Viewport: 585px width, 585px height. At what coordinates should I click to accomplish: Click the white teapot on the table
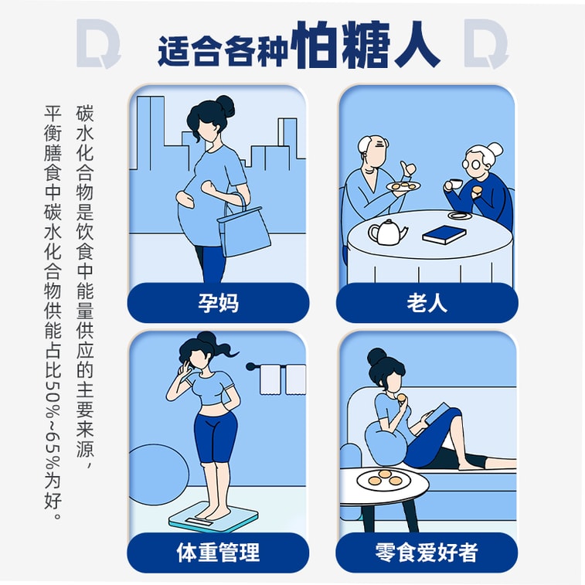click(x=387, y=232)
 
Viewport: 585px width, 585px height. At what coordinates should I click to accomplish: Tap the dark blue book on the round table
click(x=444, y=233)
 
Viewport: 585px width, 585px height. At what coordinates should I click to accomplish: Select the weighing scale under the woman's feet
click(x=214, y=516)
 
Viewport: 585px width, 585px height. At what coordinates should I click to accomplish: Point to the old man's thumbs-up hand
click(x=408, y=168)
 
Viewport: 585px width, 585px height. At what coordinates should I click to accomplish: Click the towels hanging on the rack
click(x=283, y=379)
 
